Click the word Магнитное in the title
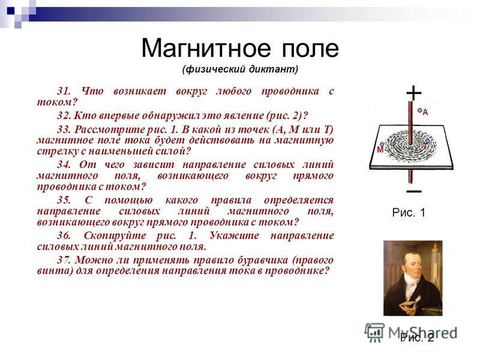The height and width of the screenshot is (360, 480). pos(206,48)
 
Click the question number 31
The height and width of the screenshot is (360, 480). pos(64,91)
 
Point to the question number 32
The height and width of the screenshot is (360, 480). pos(64,115)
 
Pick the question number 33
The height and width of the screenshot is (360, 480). pos(64,129)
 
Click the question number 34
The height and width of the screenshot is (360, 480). pos(64,164)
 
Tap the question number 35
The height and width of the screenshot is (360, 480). pos(64,200)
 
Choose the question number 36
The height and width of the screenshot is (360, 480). pos(64,235)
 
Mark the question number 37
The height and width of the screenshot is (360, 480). pos(64,260)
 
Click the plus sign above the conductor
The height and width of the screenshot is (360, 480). pos(414,92)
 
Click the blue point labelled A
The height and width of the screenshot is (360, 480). pos(419,110)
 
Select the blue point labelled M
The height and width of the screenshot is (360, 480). pos(382,144)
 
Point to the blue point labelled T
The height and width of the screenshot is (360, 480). pos(427,140)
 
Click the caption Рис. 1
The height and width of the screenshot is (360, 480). pos(409,212)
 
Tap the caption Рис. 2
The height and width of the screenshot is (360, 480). pos(417,338)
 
